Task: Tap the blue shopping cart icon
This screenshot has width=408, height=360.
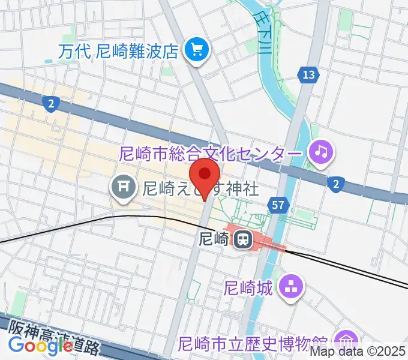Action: [x=195, y=49]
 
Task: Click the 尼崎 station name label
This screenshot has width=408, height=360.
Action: [x=214, y=239]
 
